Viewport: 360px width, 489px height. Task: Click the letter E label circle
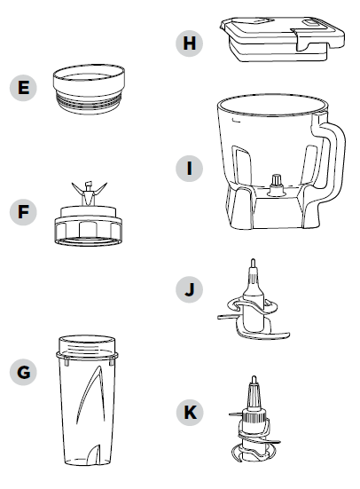click(23, 87)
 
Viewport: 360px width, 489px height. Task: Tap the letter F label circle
click(23, 212)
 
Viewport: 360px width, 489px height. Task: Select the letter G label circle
click(23, 372)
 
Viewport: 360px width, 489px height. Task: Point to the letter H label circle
click(189, 43)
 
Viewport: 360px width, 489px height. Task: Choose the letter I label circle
click(189, 169)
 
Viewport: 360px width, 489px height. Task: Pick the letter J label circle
click(189, 289)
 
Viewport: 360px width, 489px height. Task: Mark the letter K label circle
click(189, 413)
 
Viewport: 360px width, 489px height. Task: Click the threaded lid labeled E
click(89, 90)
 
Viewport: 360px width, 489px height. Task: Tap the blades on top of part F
click(89, 193)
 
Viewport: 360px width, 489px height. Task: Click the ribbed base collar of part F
click(89, 231)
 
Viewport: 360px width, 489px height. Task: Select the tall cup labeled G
click(88, 401)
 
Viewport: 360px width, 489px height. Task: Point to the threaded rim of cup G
click(87, 346)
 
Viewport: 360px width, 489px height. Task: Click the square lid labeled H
click(282, 39)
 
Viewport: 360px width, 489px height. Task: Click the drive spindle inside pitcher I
click(277, 185)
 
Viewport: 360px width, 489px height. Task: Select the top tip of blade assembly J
click(253, 260)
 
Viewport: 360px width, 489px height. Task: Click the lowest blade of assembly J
click(263, 335)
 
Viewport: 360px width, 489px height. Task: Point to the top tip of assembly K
click(254, 377)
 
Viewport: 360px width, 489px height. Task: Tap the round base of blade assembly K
click(254, 454)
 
